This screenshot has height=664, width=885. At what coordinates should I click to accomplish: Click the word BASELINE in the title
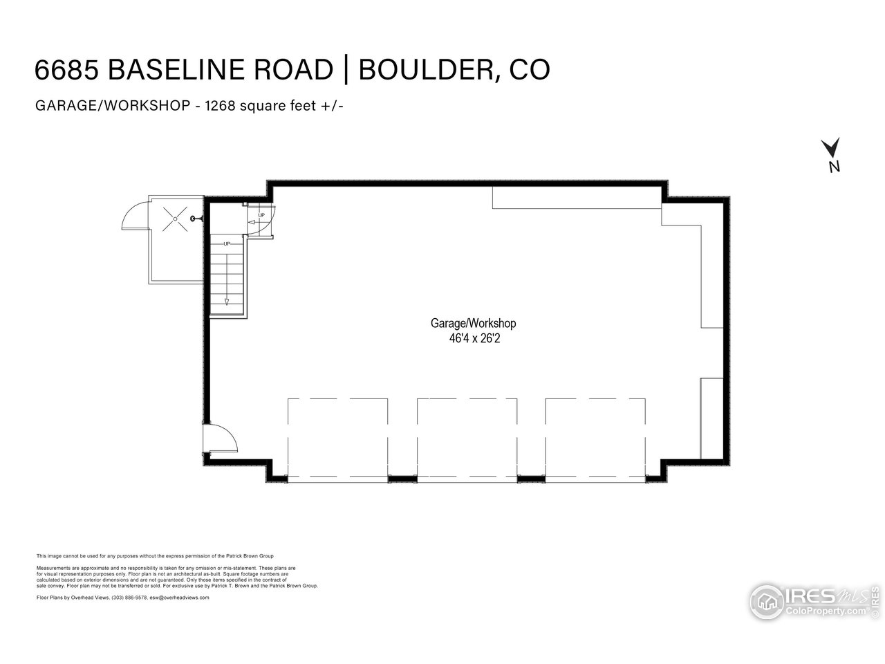tap(220, 70)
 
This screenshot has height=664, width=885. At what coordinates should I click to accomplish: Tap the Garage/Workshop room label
tap(474, 323)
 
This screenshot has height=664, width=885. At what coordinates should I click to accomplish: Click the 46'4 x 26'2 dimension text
tap(474, 339)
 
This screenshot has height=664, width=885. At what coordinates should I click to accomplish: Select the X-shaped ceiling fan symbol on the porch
tap(175, 219)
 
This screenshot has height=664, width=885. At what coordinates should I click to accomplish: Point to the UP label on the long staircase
tap(227, 243)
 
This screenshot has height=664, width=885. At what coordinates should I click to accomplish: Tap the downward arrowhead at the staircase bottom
tap(227, 301)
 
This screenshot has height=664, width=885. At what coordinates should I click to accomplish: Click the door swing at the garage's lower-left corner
tap(223, 436)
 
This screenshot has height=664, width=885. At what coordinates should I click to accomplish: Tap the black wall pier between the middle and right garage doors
tap(531, 478)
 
